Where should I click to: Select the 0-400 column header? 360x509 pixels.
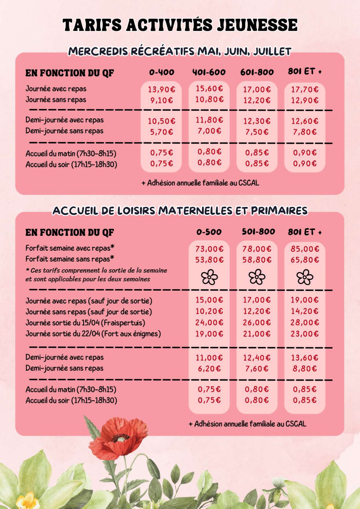click(162, 72)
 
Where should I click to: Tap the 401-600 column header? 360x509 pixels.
click(209, 72)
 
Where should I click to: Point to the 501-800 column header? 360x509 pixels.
click(258, 231)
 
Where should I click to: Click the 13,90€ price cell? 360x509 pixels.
click(162, 89)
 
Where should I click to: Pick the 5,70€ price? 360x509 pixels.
click(162, 132)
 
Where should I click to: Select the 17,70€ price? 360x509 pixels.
click(305, 89)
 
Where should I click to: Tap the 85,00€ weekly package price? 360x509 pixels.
click(305, 249)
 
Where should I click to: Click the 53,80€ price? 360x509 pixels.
click(209, 260)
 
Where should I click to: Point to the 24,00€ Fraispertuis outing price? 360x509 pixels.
click(209, 323)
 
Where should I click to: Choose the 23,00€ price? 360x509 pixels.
click(305, 334)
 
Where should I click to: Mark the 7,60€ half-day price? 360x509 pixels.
click(257, 369)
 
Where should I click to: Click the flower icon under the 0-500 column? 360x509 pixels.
click(209, 277)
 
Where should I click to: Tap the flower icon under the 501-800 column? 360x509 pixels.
click(257, 277)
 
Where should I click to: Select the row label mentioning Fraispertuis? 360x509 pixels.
click(85, 323)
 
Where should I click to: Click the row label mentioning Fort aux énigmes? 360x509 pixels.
click(93, 334)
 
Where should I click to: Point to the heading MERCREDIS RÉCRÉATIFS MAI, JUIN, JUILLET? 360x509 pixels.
click(180, 51)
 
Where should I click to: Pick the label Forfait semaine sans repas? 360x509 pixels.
click(70, 259)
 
